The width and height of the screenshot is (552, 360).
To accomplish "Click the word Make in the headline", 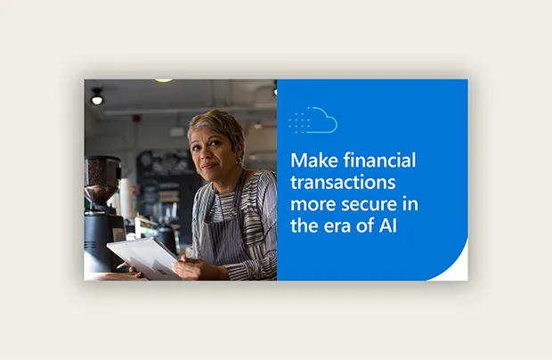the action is pyautogui.click(x=314, y=160).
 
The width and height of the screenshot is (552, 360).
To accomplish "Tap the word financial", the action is pyautogui.click(x=380, y=160).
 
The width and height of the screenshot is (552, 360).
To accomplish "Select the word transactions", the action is pyautogui.click(x=343, y=183).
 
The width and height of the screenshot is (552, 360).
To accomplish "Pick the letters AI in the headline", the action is pyautogui.click(x=388, y=226).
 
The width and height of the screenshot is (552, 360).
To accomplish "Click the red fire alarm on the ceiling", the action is pyautogui.click(x=136, y=118).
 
